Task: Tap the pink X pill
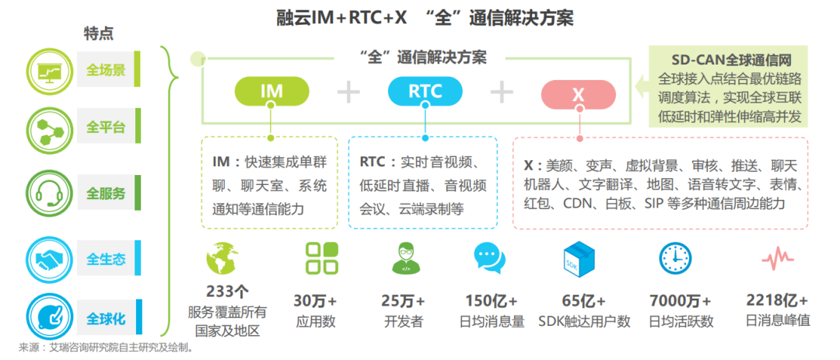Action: pos(578,94)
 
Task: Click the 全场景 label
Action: pos(106,70)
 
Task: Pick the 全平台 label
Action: pos(106,127)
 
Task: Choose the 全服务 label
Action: pos(106,193)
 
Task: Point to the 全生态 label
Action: pos(106,260)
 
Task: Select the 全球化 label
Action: pos(106,319)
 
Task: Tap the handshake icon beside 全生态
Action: pos(50,260)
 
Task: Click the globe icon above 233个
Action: pos(226,260)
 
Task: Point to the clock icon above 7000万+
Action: pos(675,258)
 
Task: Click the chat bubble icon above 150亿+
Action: pos(491,258)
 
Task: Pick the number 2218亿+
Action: pos(777,301)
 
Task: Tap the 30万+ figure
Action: pos(316,301)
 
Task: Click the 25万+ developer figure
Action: pos(404,301)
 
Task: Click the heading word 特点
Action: pos(99,33)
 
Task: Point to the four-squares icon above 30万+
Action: pos(321,258)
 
